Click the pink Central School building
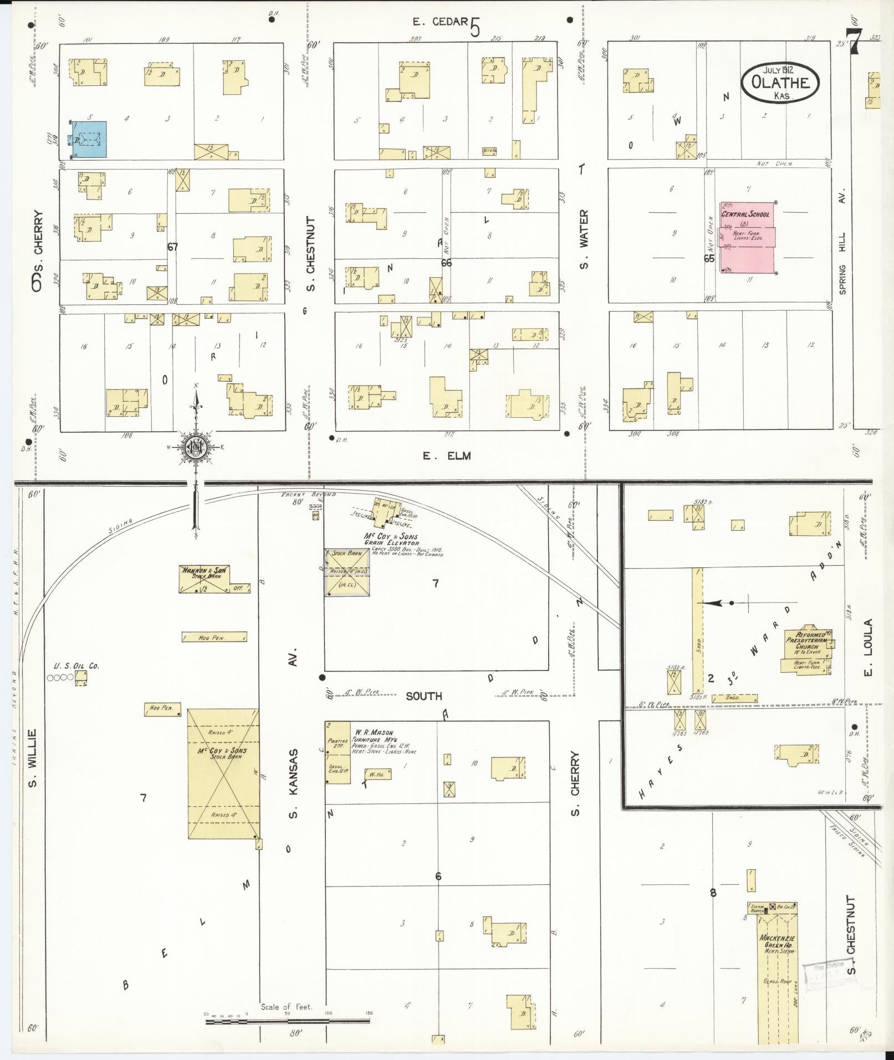(x=746, y=238)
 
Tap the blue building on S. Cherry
(x=88, y=139)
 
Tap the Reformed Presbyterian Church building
(x=806, y=651)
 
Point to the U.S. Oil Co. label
(x=76, y=666)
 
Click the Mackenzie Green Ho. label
(x=778, y=942)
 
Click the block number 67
(x=173, y=247)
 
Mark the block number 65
(x=709, y=258)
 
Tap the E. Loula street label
(x=867, y=647)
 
